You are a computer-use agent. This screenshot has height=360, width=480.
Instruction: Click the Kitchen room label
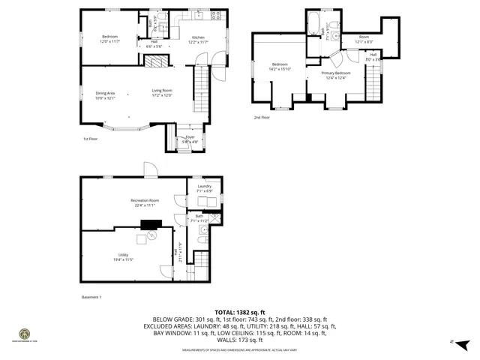199,37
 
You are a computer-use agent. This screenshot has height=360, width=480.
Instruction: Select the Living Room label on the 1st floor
162,91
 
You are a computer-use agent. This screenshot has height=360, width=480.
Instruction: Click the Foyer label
190,137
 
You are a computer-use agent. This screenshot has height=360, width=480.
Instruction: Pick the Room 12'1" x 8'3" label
364,39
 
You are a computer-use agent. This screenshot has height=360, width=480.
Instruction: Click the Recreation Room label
144,201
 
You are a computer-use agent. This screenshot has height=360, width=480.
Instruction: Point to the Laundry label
205,188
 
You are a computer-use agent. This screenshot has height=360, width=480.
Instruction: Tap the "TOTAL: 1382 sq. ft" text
240,312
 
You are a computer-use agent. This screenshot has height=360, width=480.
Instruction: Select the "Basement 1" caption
91,297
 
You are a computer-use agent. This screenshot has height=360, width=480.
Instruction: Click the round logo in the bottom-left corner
25,333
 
